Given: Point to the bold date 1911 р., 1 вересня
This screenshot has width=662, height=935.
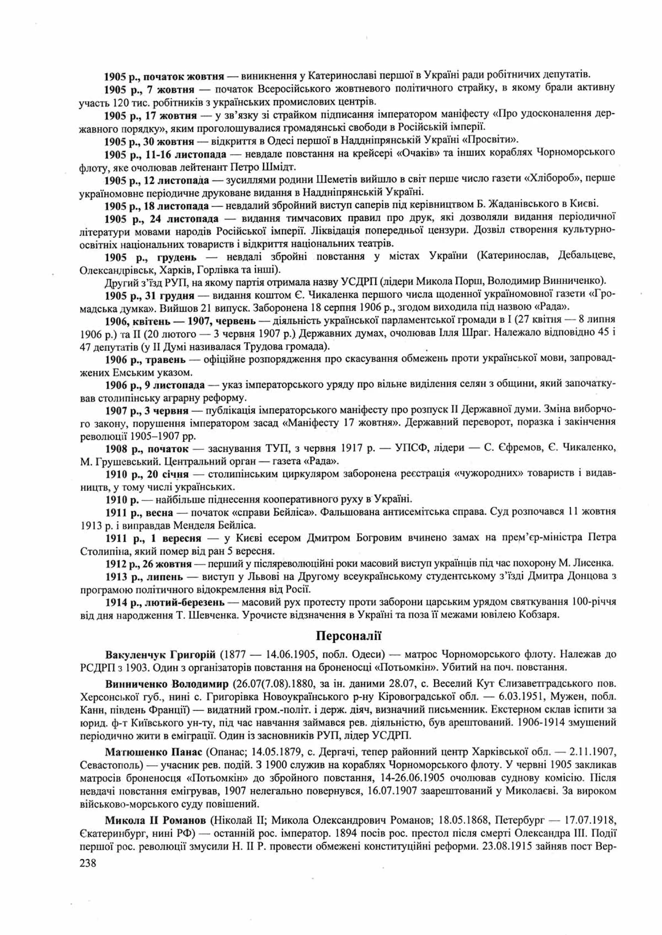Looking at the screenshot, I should click(x=153, y=538).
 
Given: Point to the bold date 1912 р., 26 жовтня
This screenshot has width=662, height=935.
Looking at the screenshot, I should click(x=148, y=564).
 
